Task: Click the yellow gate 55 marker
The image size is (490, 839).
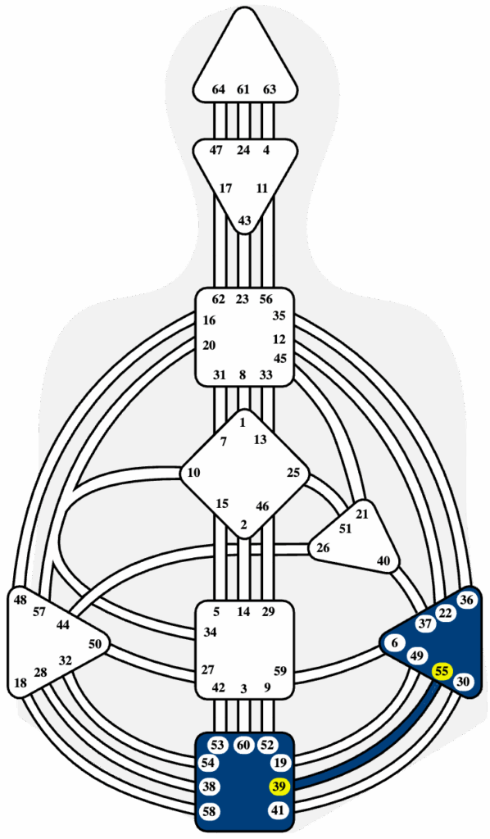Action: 442,671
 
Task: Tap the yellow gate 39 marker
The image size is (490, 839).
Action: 278,786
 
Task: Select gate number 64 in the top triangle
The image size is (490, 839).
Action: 218,89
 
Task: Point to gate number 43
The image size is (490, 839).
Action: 244,220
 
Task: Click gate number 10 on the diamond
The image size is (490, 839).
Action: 193,473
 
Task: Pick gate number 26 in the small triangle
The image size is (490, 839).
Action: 323,548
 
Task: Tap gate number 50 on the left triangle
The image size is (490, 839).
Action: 95,644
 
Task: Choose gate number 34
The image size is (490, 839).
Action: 211,633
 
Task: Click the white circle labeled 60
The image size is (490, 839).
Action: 244,745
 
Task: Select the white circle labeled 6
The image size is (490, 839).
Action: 395,643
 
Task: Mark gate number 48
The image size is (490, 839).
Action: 20,600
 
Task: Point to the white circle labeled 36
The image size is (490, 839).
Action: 466,600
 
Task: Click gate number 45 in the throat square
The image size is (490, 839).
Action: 280,358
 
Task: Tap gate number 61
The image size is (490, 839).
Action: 243,89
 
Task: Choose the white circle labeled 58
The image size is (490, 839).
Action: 209,811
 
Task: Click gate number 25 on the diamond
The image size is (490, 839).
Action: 293,473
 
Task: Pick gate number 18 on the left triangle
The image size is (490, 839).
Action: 20,683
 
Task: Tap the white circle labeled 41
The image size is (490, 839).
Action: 278,810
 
